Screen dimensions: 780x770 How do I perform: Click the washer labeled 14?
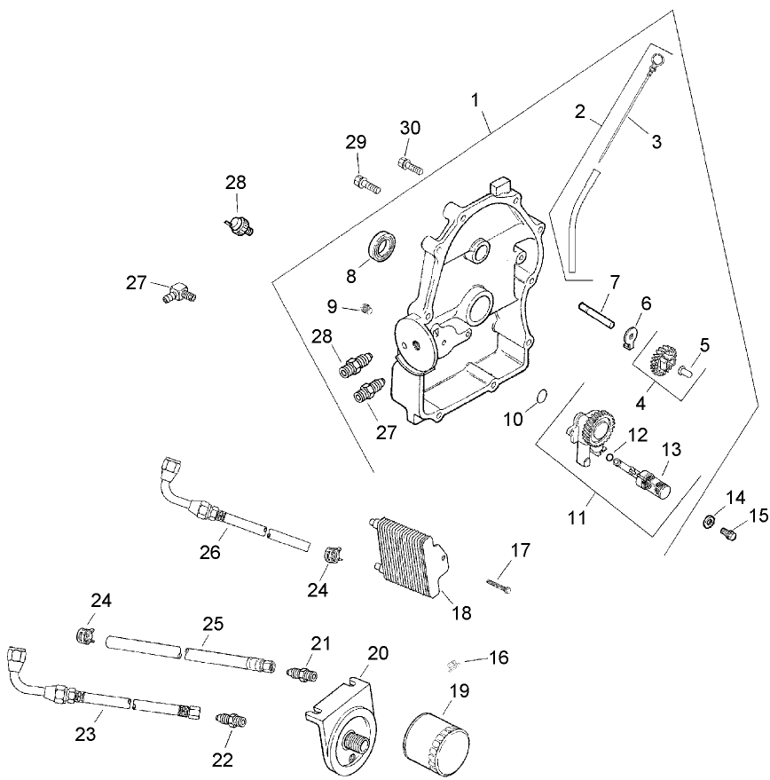[711, 521]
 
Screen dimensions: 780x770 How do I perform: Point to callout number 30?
[409, 128]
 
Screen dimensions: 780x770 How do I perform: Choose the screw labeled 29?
[365, 184]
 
